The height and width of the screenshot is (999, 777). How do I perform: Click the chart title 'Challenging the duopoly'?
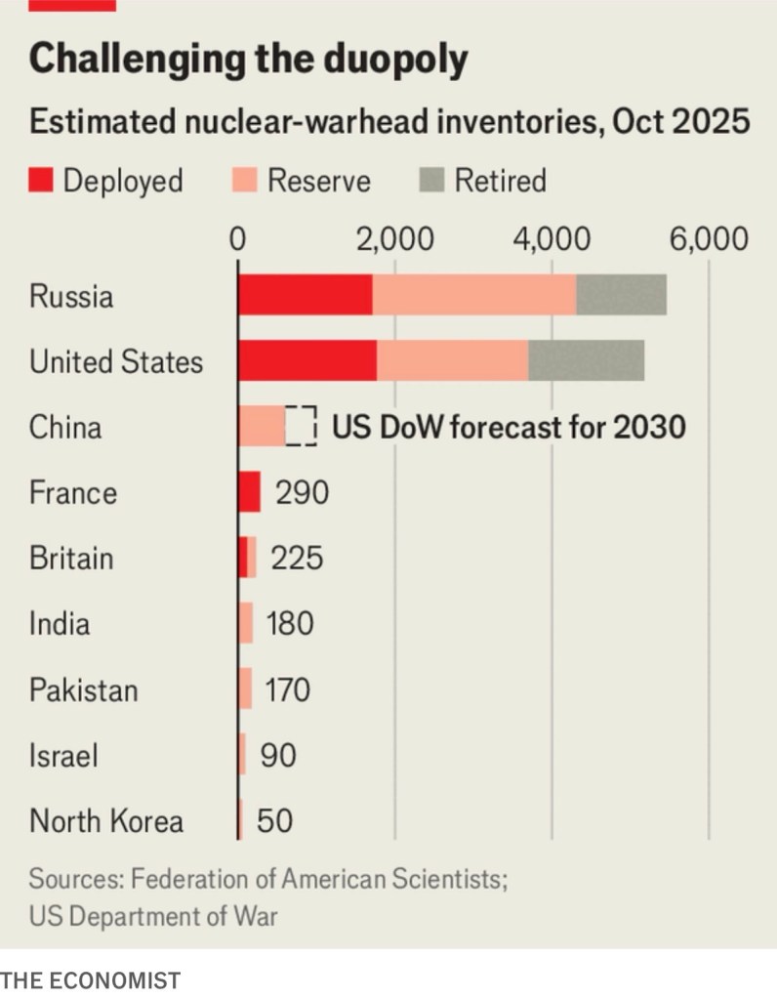(x=249, y=60)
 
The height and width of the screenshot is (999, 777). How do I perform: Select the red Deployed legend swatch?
(x=41, y=181)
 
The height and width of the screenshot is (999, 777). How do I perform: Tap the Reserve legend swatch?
(x=244, y=181)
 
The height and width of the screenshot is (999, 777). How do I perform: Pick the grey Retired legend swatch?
(x=432, y=181)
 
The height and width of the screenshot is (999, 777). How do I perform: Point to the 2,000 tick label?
(x=394, y=240)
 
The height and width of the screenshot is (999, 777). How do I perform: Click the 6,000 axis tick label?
(x=709, y=240)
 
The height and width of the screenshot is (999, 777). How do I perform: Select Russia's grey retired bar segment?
(x=621, y=295)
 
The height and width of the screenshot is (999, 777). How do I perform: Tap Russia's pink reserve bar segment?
(x=474, y=295)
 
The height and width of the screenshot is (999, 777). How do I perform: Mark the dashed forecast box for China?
(x=303, y=427)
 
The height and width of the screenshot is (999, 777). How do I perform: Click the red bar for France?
(x=249, y=492)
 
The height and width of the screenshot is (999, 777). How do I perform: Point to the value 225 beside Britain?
(x=296, y=559)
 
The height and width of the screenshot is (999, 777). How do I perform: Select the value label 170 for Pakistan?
(x=288, y=690)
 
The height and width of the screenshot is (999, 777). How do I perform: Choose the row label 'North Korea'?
(x=105, y=821)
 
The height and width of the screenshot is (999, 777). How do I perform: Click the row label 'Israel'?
(x=63, y=756)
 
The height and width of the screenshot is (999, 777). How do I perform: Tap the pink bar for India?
(x=245, y=624)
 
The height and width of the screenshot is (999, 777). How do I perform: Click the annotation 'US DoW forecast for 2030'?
(x=509, y=428)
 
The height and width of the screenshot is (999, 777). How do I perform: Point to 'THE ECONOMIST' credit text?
(x=91, y=979)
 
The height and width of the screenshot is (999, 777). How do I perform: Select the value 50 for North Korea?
(x=274, y=821)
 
